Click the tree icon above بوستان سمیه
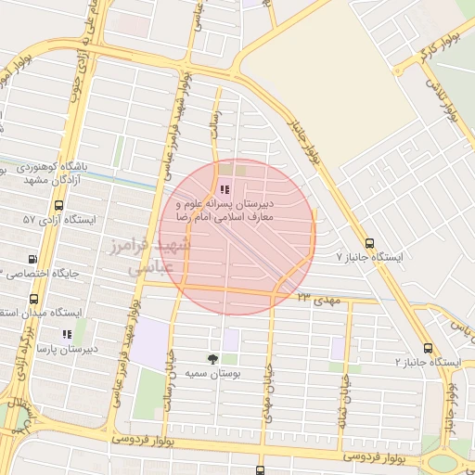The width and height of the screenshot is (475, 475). pyautogui.click(x=213, y=358)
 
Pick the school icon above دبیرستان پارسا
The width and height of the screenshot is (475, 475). pyautogui.click(x=66, y=334)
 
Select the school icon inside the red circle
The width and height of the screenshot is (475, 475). pyautogui.click(x=224, y=189)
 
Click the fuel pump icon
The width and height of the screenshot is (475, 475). pyautogui.click(x=33, y=260)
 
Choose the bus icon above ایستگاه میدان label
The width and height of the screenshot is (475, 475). pyautogui.click(x=33, y=299)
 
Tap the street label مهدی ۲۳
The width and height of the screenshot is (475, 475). pyautogui.click(x=320, y=299)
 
